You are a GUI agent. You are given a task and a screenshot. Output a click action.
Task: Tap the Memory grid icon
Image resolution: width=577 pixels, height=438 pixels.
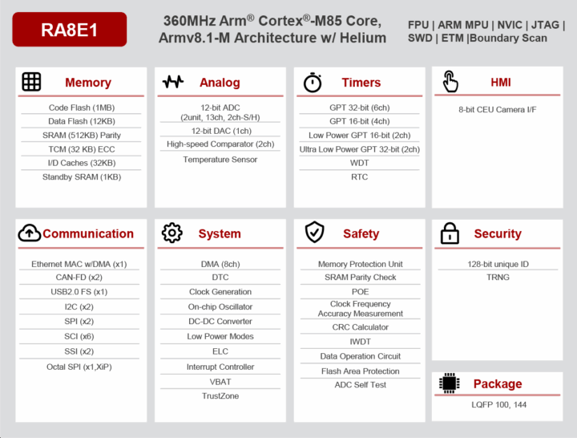(31, 82)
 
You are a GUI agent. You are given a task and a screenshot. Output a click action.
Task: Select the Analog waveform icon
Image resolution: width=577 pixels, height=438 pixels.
(173, 82)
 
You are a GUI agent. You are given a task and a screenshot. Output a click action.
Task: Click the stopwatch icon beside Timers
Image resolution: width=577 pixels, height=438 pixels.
(313, 82)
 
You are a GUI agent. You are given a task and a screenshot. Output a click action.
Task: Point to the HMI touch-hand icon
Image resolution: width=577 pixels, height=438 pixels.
(450, 82)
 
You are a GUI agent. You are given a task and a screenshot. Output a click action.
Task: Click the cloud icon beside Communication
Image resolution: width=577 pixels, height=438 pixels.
(29, 233)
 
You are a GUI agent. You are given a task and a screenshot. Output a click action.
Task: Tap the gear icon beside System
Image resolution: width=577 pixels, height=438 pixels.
(172, 233)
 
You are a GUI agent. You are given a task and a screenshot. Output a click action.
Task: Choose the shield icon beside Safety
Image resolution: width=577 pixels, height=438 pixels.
(314, 233)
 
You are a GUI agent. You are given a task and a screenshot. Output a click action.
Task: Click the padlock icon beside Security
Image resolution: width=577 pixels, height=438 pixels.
(450, 233)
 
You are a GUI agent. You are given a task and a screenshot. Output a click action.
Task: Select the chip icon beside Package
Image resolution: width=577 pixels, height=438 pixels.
(450, 383)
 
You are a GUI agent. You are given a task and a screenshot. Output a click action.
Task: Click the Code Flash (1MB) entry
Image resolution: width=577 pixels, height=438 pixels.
(81, 107)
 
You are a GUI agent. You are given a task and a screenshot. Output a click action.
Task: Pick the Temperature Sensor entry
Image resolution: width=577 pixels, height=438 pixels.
(220, 160)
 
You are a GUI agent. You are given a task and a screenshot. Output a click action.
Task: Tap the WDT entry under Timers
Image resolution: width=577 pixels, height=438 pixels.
(360, 163)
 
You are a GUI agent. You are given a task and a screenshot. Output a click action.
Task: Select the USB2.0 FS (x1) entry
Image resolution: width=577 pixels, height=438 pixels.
(80, 292)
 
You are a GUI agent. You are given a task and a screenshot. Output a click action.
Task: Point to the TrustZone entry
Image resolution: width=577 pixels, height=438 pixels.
(220, 395)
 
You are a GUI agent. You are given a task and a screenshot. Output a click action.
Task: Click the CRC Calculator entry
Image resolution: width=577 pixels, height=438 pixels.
(360, 327)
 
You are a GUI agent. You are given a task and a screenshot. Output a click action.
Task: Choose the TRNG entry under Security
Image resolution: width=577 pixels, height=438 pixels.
(498, 278)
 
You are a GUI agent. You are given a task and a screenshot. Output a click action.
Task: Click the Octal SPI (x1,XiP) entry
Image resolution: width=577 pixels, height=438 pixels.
(80, 367)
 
